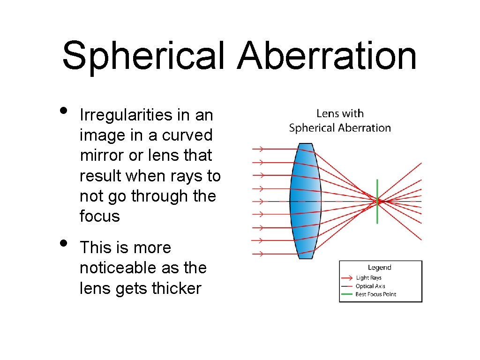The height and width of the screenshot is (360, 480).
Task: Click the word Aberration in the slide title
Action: (x=327, y=55)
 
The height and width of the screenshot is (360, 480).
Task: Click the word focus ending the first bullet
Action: (x=100, y=216)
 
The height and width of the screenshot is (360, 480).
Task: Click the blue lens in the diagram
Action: (x=305, y=201)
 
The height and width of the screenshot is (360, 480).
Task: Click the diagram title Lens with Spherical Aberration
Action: (x=340, y=120)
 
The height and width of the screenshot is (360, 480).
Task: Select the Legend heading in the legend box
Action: (x=379, y=268)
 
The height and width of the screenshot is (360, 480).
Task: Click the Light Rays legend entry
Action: (x=368, y=278)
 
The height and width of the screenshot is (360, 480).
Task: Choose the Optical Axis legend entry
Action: (x=370, y=286)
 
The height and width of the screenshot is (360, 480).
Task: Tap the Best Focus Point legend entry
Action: (x=375, y=294)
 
